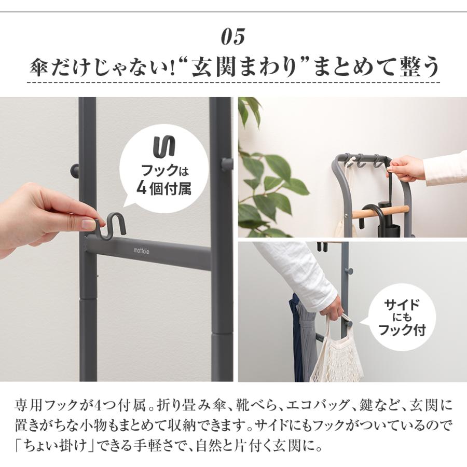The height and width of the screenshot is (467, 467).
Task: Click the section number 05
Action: click(x=233, y=37)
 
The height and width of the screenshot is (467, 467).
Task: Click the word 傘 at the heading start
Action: click(x=38, y=67)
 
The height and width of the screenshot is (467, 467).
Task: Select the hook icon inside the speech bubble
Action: click(x=164, y=146)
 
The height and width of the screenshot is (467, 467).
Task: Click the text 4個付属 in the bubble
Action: click(x=163, y=187)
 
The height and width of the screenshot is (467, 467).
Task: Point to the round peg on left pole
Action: click(x=75, y=170)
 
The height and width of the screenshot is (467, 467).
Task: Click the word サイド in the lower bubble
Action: click(x=402, y=305)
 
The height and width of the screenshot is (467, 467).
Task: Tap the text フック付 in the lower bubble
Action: click(x=402, y=330)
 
